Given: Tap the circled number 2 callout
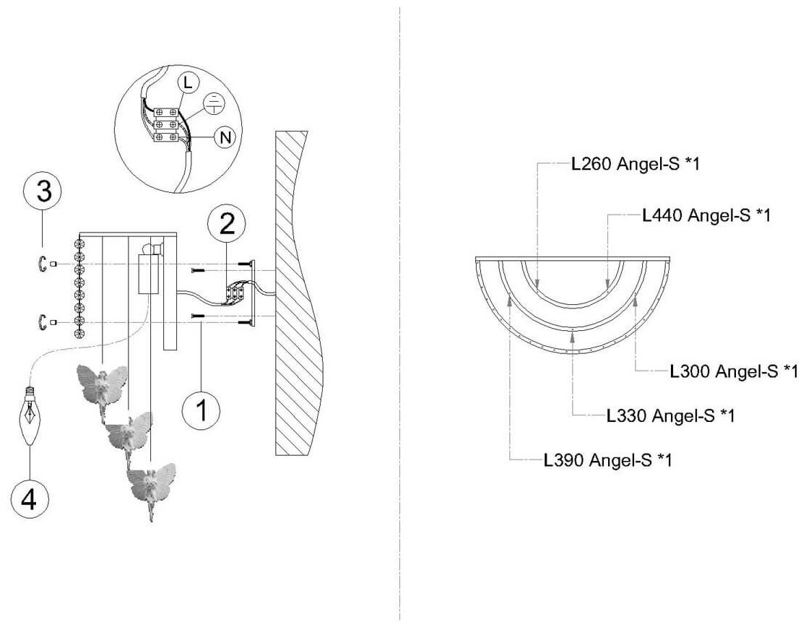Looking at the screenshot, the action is pos(227,225).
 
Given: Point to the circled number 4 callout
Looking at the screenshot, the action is pos(30,498).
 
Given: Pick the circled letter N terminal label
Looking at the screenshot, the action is pos(225,137).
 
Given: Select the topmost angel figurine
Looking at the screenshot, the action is pos(102,386).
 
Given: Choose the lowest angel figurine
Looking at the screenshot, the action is pos(152,485).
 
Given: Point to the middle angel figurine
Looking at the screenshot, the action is pos(129,433).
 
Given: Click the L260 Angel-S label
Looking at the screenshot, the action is pos(635,164).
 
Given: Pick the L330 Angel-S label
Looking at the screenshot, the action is pos(670,415).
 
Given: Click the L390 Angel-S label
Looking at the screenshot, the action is pos(607,459).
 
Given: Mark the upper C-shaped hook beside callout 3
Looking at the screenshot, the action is pos(43,265).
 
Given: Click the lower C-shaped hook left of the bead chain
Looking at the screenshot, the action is pos(43,322).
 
